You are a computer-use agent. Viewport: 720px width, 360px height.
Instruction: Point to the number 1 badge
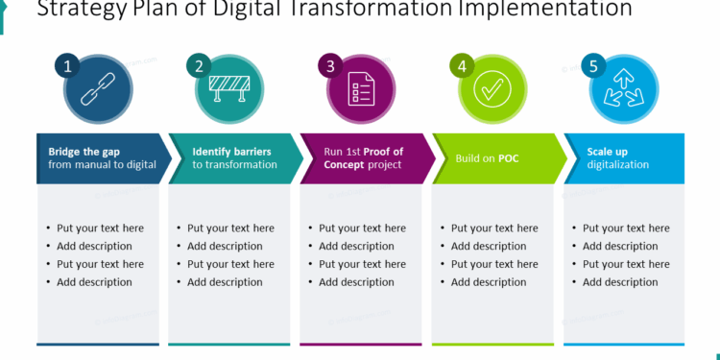click(x=67, y=66)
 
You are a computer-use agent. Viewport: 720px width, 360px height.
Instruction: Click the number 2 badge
click(x=199, y=66)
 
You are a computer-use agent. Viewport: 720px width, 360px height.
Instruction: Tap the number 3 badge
click(x=330, y=66)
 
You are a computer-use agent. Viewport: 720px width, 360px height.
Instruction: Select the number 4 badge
click(x=462, y=66)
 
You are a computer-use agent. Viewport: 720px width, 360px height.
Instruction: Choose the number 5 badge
click(x=593, y=66)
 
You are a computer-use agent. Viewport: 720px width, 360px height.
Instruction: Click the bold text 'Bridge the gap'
click(x=84, y=152)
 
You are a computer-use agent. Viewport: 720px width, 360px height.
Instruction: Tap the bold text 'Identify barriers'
click(x=231, y=152)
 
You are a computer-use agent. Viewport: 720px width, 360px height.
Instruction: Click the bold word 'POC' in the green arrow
click(x=508, y=158)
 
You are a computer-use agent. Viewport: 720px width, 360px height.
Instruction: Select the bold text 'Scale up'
click(x=608, y=152)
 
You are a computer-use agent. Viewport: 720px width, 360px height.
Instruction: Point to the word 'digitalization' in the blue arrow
click(x=618, y=165)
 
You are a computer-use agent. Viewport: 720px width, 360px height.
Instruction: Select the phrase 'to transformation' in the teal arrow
click(x=234, y=165)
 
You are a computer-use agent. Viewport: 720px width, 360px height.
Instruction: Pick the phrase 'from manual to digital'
click(x=103, y=165)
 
